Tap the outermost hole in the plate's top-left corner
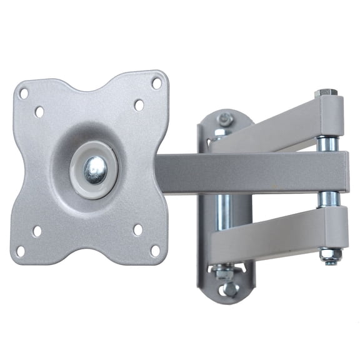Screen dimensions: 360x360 pyautogui.click(x=23, y=93)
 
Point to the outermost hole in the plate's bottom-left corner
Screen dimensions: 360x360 pyautogui.click(x=21, y=251)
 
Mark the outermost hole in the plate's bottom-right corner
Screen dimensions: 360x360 pyautogui.click(x=154, y=251)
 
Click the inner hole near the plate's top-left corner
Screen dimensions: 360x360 pyautogui.click(x=39, y=112)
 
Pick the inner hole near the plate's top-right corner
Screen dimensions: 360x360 pyautogui.click(x=139, y=104)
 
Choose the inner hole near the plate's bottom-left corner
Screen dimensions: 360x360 pyautogui.click(x=37, y=231)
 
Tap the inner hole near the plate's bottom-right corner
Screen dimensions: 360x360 pyautogui.click(x=137, y=229)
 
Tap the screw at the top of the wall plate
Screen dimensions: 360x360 pyautogui.click(x=225, y=118)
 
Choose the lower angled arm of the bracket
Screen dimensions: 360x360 pyautogui.click(x=275, y=231)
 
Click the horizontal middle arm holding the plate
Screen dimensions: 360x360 pyautogui.click(x=250, y=172)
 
